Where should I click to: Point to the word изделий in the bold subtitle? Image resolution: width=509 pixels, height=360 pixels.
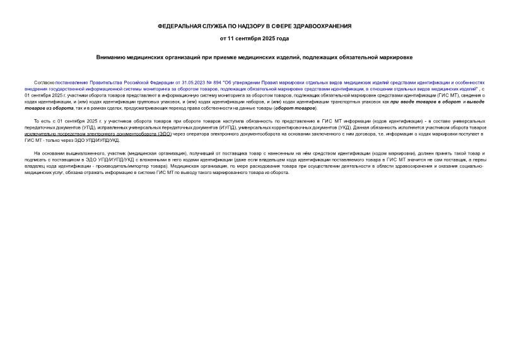pyautogui.click(x=288, y=57)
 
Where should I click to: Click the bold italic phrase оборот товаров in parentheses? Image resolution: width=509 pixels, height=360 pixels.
pyautogui.click(x=297, y=108)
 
